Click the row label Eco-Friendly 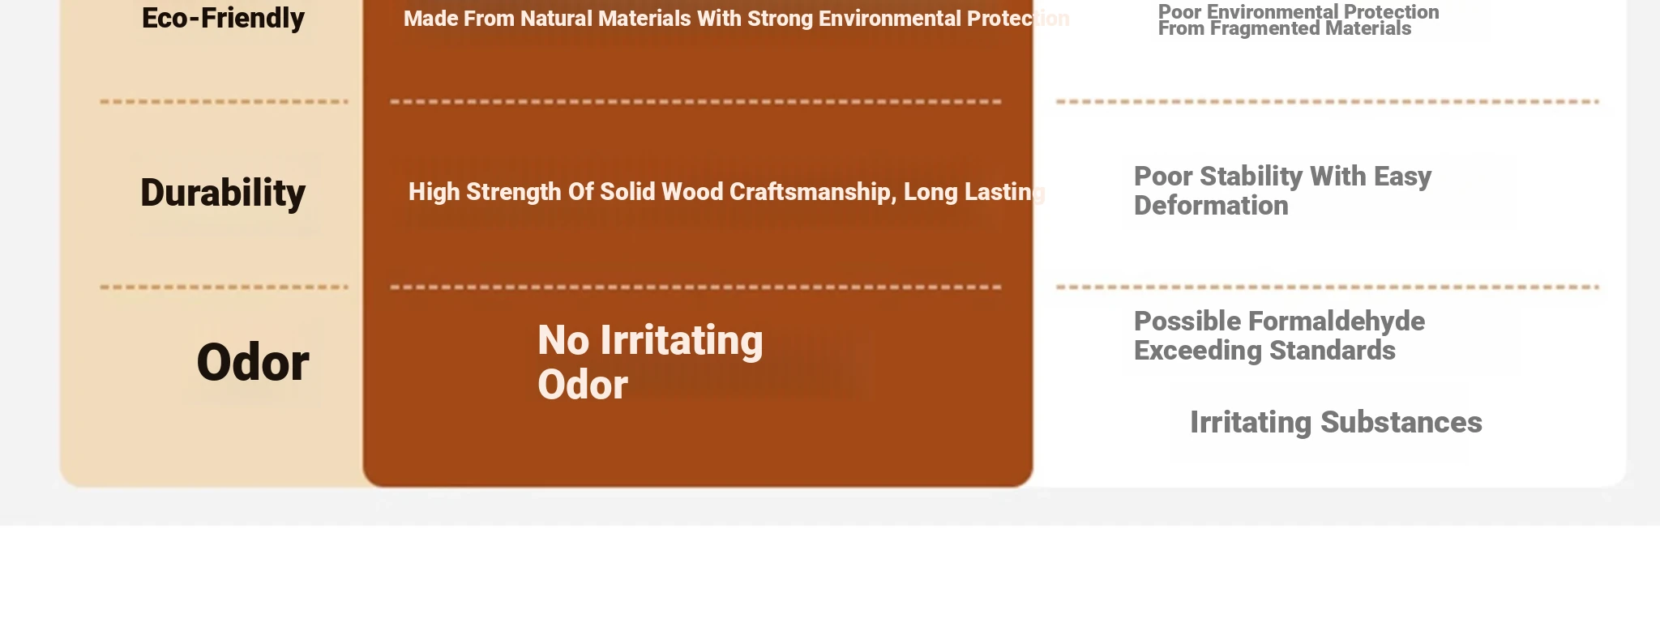click(x=223, y=18)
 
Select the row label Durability click(x=223, y=193)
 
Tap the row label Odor click(x=252, y=362)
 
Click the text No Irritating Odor click(x=650, y=362)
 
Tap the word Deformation click(x=1211, y=206)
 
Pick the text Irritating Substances click(x=1336, y=423)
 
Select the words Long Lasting click(x=974, y=192)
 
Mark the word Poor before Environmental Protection click(x=1180, y=12)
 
